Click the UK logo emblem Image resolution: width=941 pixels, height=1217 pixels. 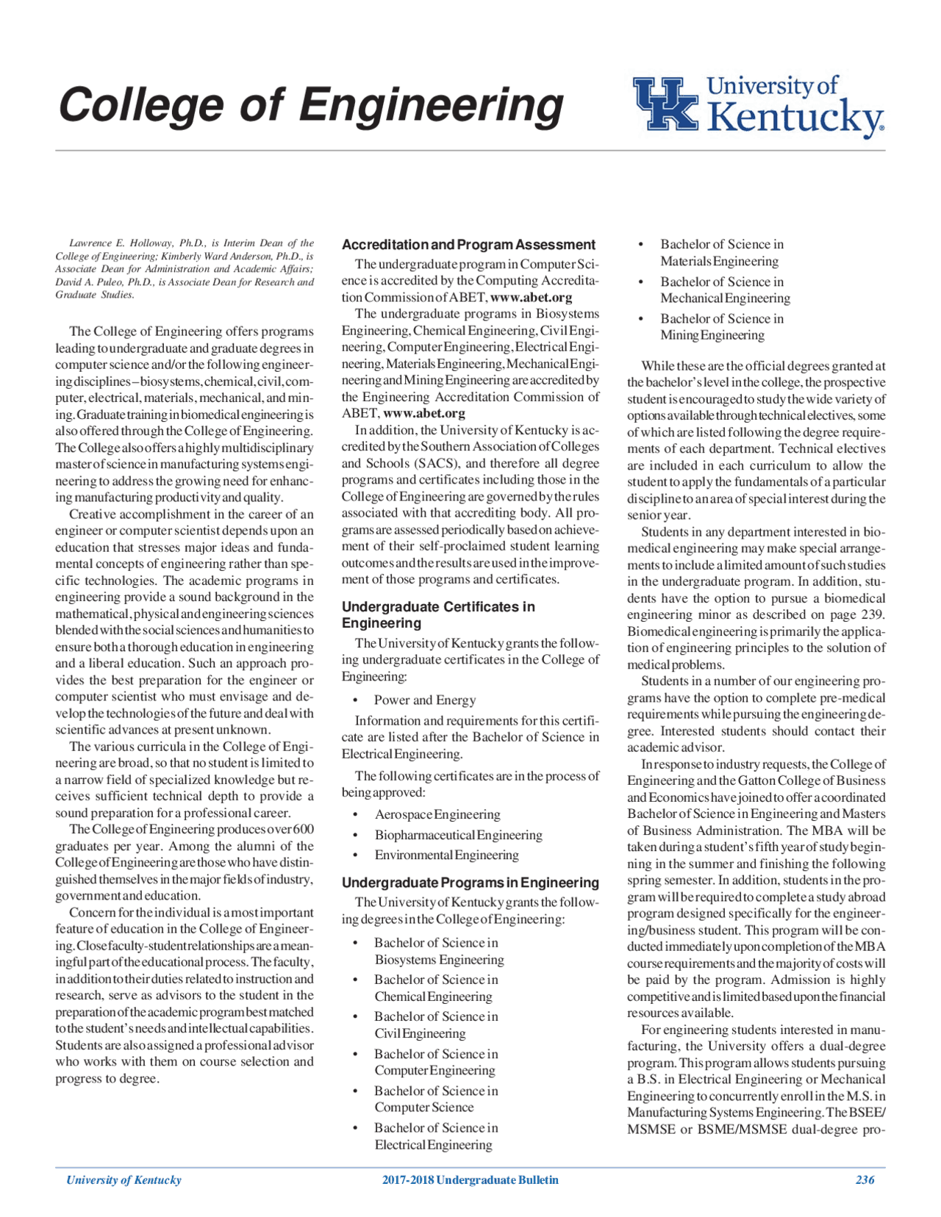tap(666, 104)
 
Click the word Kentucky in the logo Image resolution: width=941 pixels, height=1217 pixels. tap(795, 118)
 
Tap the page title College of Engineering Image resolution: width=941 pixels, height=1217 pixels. tap(310, 104)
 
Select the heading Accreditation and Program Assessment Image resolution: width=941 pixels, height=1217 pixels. tap(468, 245)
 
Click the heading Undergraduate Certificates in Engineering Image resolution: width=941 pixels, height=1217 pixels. tap(438, 614)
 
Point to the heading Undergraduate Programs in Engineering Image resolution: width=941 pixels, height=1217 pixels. tap(470, 883)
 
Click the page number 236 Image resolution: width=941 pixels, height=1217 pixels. tap(865, 1180)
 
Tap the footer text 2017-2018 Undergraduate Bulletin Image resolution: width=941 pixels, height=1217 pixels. tap(470, 1180)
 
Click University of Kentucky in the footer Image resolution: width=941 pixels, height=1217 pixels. tap(124, 1180)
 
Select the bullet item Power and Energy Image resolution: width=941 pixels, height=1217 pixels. tap(424, 700)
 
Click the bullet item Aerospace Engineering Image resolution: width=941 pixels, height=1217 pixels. tap(437, 814)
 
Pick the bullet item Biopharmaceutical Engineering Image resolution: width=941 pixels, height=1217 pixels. tap(458, 835)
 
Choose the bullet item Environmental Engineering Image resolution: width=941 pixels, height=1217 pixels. tap(446, 855)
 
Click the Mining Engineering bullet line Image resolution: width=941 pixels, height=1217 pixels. tap(712, 335)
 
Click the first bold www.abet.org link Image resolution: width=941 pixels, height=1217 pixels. tap(531, 297)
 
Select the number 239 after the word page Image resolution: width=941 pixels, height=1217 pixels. tap(873, 614)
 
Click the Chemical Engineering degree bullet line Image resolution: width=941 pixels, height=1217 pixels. tap(433, 997)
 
